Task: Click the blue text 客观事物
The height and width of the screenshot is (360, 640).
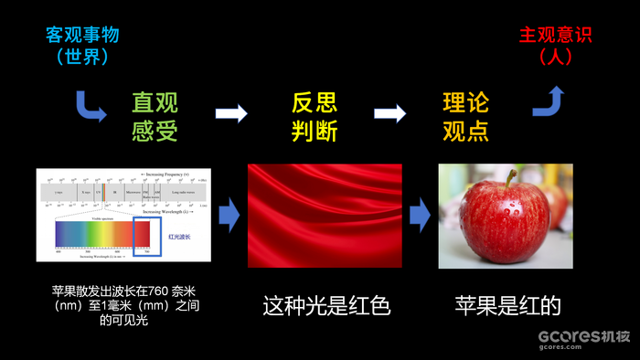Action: pyautogui.click(x=82, y=36)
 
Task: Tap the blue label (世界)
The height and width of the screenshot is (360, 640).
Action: pyautogui.click(x=82, y=57)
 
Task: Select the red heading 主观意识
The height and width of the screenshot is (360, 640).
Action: pyautogui.click(x=555, y=36)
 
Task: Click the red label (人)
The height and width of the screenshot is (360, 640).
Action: pyautogui.click(x=555, y=57)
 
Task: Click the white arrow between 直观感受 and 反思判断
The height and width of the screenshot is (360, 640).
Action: pyautogui.click(x=231, y=113)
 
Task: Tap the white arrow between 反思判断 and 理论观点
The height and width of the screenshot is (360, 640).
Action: pyautogui.click(x=390, y=113)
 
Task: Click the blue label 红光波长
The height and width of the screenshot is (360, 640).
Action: pyautogui.click(x=180, y=236)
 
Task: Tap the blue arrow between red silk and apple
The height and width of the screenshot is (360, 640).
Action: pyautogui.click(x=419, y=217)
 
